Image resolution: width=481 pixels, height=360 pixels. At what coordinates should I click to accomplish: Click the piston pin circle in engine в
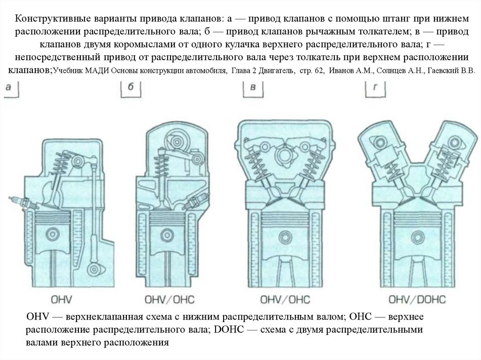coord(284,235)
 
